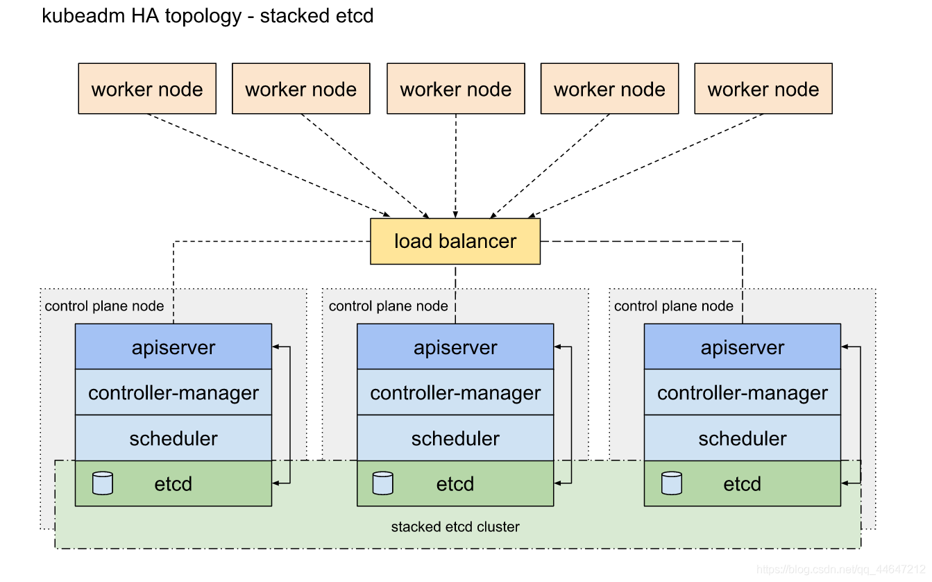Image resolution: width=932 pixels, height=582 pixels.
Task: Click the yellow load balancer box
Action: (x=455, y=241)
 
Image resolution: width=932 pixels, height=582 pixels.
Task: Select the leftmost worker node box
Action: (x=147, y=89)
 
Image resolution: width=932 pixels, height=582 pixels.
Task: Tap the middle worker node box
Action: (x=456, y=89)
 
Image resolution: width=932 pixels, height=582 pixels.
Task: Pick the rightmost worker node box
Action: (x=763, y=89)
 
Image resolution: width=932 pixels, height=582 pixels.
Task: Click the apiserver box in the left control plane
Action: (x=173, y=347)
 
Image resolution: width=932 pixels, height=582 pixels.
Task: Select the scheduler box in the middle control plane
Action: (x=455, y=438)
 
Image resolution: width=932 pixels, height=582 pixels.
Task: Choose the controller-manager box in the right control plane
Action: (x=743, y=392)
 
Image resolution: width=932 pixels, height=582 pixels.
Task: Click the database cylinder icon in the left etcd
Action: (x=102, y=483)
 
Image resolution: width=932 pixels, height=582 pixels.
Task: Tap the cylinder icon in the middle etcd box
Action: (x=383, y=483)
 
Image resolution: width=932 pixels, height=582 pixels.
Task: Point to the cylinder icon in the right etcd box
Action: (x=672, y=483)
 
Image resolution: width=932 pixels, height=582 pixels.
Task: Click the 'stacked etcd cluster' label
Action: (x=455, y=526)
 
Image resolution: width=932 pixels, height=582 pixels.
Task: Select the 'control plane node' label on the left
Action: (x=104, y=306)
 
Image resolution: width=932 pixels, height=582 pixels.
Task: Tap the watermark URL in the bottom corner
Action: (x=841, y=569)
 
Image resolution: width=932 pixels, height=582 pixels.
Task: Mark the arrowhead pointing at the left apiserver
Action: (x=276, y=347)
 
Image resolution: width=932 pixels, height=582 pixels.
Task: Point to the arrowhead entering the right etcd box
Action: (x=845, y=483)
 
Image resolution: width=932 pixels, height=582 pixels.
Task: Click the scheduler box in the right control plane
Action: (x=743, y=438)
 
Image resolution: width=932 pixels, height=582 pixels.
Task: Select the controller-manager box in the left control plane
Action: (x=173, y=392)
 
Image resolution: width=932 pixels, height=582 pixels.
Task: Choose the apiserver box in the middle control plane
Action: (x=455, y=347)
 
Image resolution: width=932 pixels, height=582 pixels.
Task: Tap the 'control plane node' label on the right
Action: (x=674, y=306)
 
